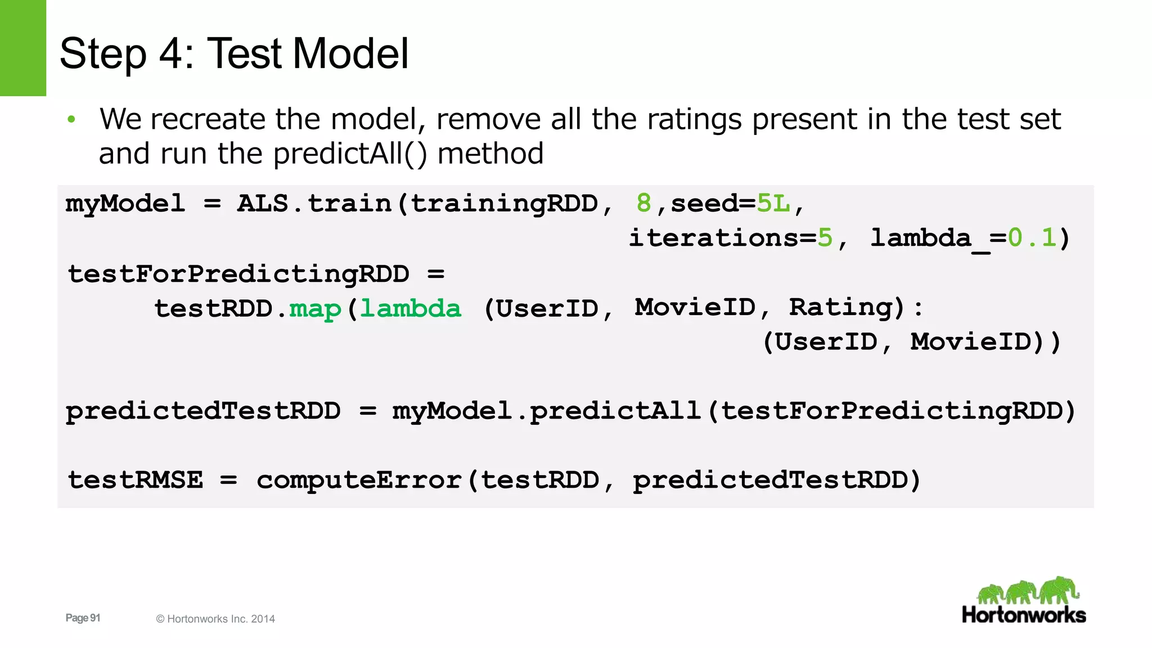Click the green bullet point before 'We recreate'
click(71, 119)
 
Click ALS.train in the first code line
click(314, 203)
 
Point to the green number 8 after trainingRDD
click(643, 203)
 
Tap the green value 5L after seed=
click(773, 203)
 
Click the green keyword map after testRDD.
click(315, 309)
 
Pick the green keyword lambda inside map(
click(411, 309)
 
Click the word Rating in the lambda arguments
click(840, 308)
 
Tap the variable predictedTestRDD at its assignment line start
click(203, 411)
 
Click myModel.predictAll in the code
click(546, 411)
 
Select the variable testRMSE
click(135, 480)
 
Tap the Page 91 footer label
click(83, 618)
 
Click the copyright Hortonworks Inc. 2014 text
click(215, 619)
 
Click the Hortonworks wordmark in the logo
click(1024, 615)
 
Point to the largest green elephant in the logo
click(1059, 589)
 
